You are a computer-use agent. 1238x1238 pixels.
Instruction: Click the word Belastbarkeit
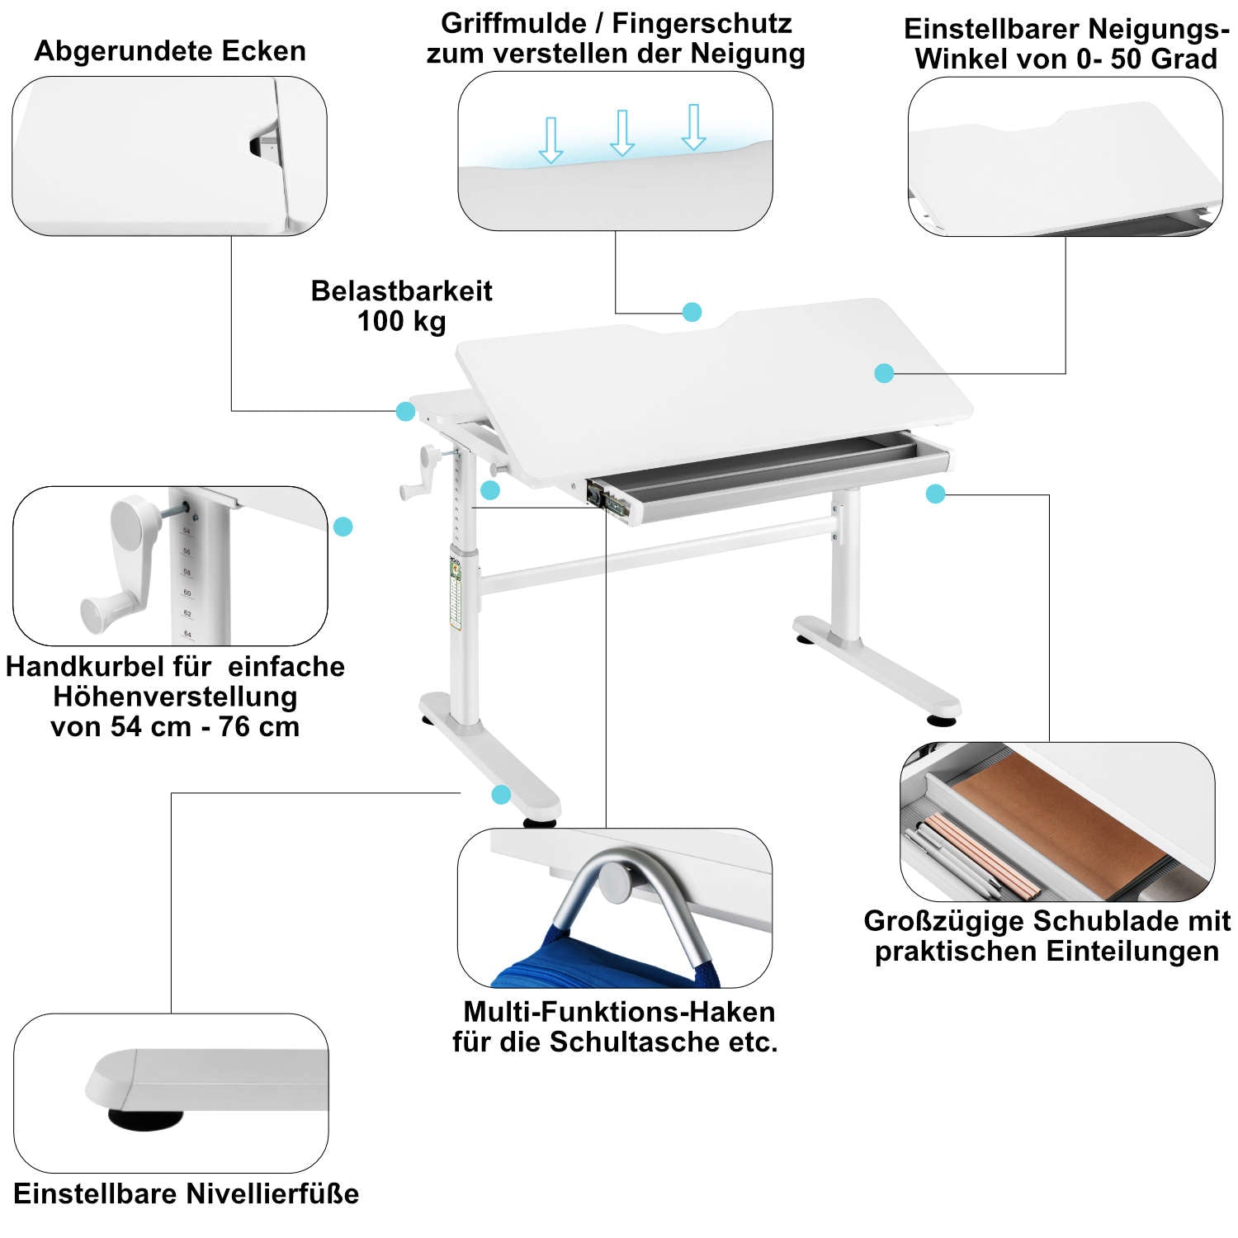point(401,291)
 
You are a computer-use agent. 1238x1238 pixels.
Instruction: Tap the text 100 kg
point(401,321)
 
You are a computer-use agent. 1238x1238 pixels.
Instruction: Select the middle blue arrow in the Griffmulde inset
point(621,133)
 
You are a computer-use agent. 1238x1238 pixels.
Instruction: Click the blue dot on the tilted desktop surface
point(884,373)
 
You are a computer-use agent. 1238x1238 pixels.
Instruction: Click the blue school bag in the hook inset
point(602,962)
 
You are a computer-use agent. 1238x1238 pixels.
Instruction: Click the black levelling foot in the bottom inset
point(144,1119)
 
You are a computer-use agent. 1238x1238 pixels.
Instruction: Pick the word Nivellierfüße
point(272,1194)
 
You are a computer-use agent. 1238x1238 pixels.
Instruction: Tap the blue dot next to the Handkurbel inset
point(343,527)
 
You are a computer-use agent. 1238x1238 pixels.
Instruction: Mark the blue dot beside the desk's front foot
point(501,795)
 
